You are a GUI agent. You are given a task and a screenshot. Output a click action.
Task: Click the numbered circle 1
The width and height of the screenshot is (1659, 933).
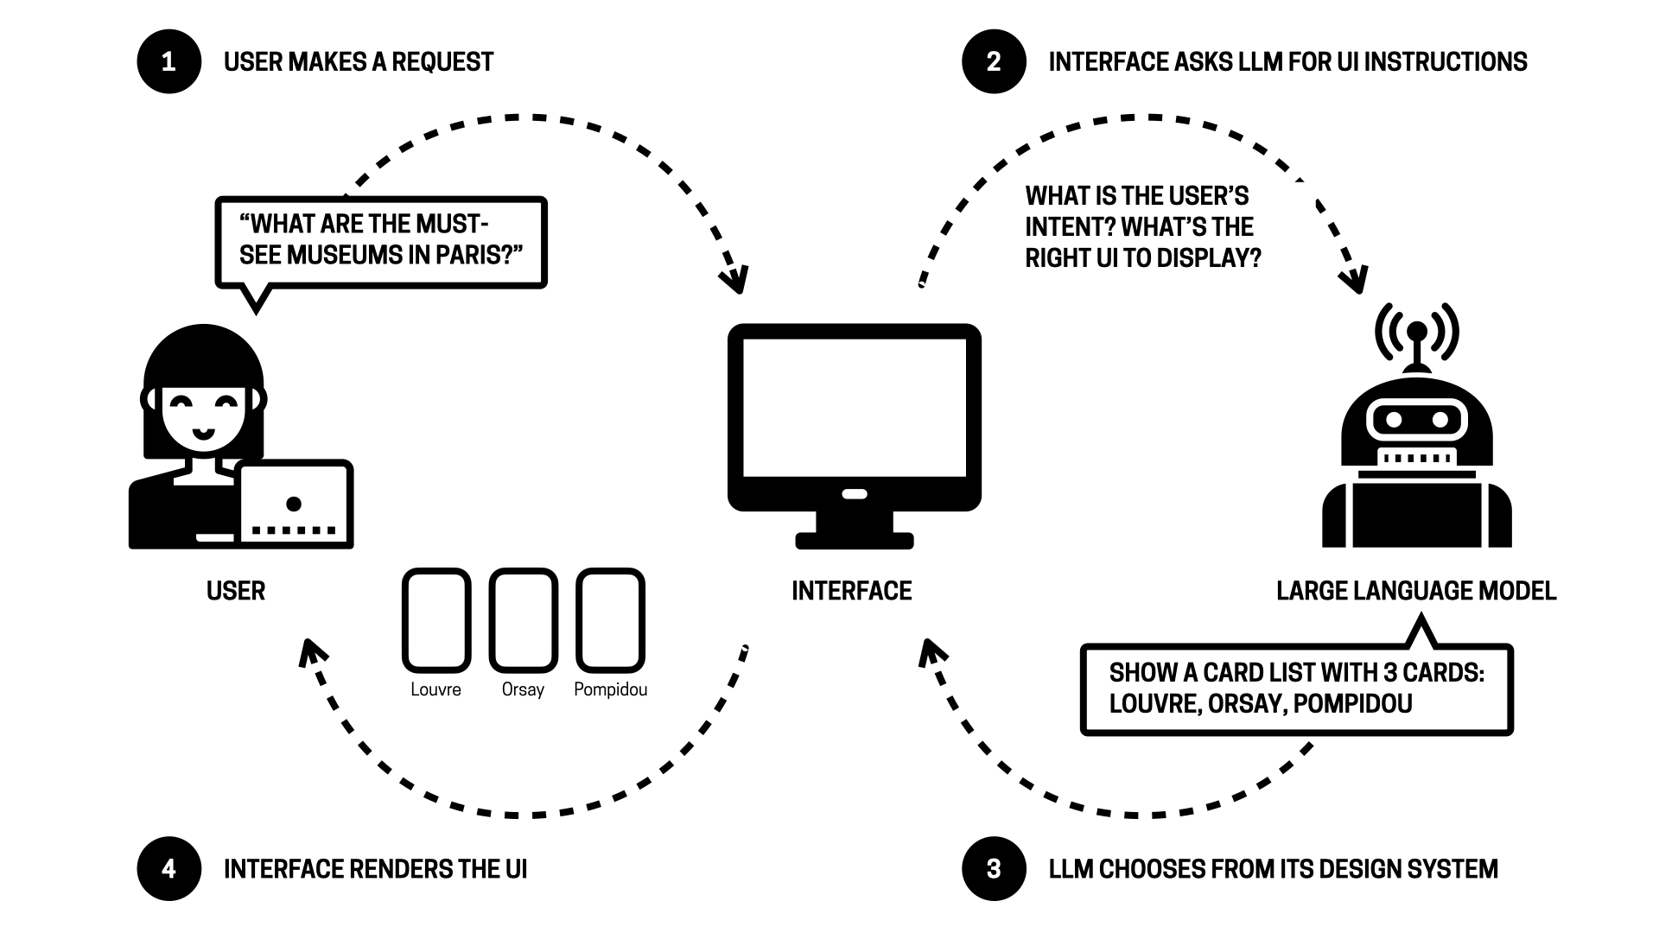[168, 61]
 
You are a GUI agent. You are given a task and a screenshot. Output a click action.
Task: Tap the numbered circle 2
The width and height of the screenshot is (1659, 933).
[994, 61]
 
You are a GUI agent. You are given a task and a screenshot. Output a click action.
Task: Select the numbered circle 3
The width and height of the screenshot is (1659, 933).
[994, 868]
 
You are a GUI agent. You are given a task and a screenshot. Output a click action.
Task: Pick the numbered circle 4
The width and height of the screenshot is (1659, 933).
[168, 868]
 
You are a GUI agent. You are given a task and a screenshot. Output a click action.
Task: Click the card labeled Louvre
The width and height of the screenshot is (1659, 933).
[436, 619]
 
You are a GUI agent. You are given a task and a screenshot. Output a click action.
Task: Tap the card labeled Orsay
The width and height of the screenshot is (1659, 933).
[523, 619]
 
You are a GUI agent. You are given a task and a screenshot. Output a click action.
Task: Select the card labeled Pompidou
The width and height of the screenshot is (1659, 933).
[610, 619]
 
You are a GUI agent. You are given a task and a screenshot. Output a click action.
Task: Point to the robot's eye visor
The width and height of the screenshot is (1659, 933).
[1417, 421]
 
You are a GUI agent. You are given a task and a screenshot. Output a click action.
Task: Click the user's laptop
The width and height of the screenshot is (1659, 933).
[295, 505]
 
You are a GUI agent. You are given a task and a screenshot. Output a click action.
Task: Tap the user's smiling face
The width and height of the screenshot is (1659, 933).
[203, 413]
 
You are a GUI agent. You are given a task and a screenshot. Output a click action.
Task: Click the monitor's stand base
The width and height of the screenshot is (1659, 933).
[854, 541]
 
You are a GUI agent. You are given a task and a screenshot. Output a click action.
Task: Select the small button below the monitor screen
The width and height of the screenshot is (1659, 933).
[854, 494]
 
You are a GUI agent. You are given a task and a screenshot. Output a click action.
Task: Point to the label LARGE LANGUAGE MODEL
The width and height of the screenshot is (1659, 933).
[1416, 591]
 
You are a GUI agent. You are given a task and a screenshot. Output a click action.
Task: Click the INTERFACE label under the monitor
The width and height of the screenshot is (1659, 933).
[852, 591]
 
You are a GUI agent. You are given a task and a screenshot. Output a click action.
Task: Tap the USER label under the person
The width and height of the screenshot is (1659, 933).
[236, 591]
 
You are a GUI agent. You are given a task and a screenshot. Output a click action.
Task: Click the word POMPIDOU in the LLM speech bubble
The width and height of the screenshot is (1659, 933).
[1352, 703]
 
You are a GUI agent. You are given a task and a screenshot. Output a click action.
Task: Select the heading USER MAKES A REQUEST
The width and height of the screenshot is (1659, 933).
[359, 62]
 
